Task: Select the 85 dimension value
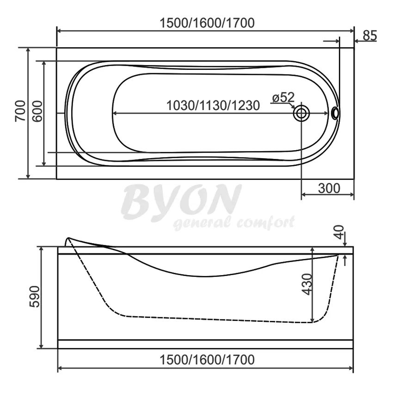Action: tap(370, 35)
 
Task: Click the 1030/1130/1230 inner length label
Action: tap(213, 105)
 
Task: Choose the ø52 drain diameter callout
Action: tap(283, 98)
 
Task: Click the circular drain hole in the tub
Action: tap(301, 113)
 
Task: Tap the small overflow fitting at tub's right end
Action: tap(335, 113)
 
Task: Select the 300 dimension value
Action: tap(329, 188)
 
